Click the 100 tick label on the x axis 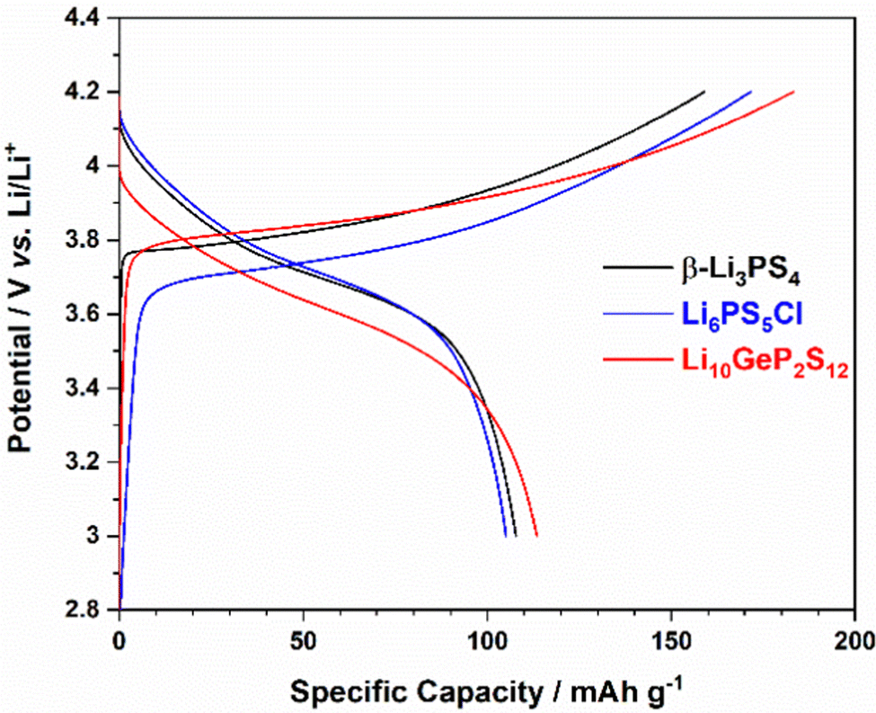486,640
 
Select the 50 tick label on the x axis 303,640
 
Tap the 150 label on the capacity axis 670,640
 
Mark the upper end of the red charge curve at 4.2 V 793,92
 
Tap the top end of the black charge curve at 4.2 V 704,92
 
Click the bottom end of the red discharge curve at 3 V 536,535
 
